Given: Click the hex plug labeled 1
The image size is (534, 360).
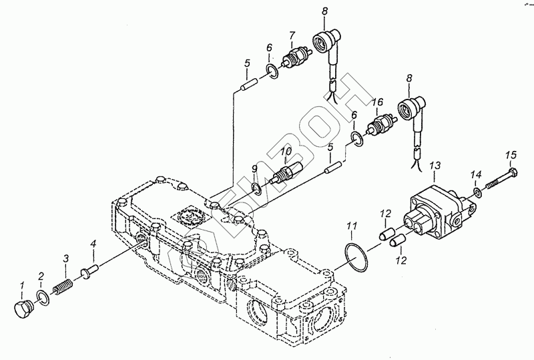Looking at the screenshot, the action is point(23,309).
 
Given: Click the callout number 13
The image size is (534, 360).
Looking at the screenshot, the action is point(435,165).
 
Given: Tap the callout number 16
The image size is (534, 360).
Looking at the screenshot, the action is point(377,102).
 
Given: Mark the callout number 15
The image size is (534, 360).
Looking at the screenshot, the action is point(511,156).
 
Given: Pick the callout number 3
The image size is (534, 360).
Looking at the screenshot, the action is point(65,258).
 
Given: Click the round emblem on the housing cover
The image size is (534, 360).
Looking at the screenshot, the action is point(186,216).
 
